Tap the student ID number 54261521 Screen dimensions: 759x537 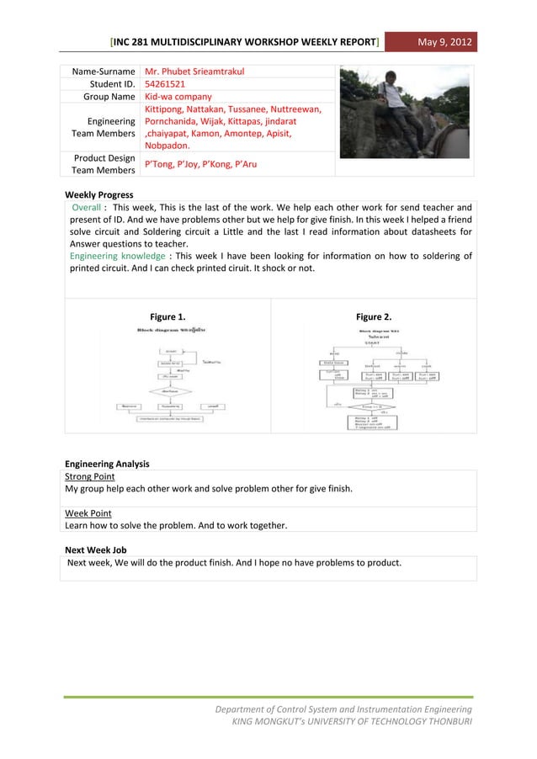(x=165, y=84)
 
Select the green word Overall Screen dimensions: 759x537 (x=88, y=206)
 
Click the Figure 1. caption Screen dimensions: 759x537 (x=167, y=317)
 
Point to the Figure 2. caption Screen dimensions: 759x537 (x=374, y=317)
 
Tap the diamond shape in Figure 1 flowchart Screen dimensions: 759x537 (x=170, y=390)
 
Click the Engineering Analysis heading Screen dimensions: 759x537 (x=108, y=463)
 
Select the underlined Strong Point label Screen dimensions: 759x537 (x=90, y=475)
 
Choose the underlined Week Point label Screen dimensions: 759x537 (x=88, y=512)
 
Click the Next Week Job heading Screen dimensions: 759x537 (x=96, y=549)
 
